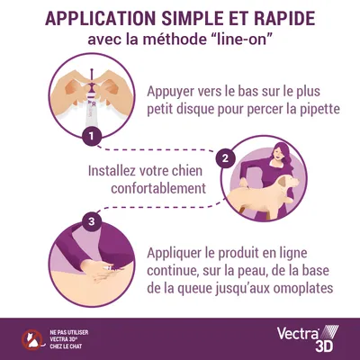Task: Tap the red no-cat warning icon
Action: (31, 338)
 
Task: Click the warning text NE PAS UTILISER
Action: (72, 331)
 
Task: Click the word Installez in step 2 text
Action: (118, 170)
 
